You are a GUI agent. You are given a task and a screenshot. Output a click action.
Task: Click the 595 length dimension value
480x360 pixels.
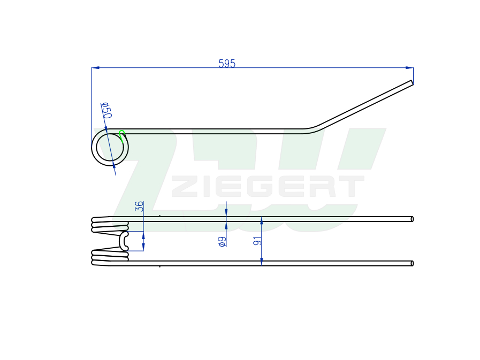[227, 63]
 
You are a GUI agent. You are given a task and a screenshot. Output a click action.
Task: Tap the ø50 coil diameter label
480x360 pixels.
[106, 111]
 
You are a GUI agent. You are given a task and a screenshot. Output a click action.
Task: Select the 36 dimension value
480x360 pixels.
[139, 206]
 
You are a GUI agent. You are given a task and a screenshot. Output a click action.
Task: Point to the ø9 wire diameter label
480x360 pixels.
[223, 242]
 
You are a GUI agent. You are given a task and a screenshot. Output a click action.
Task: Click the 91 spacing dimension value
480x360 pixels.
[257, 241]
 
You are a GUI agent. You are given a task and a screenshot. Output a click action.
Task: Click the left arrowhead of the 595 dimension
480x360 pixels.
[95, 67]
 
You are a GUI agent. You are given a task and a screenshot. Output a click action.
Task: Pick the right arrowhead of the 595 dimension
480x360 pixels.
[409, 67]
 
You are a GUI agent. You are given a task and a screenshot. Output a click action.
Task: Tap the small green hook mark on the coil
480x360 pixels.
[122, 135]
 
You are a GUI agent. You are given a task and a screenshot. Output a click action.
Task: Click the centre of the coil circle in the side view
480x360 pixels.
[110, 147]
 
